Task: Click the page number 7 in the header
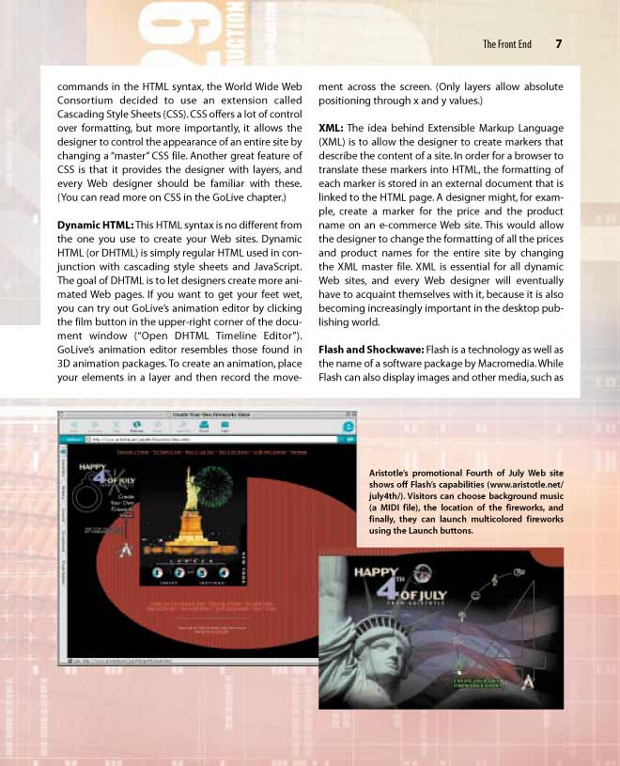click(558, 43)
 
